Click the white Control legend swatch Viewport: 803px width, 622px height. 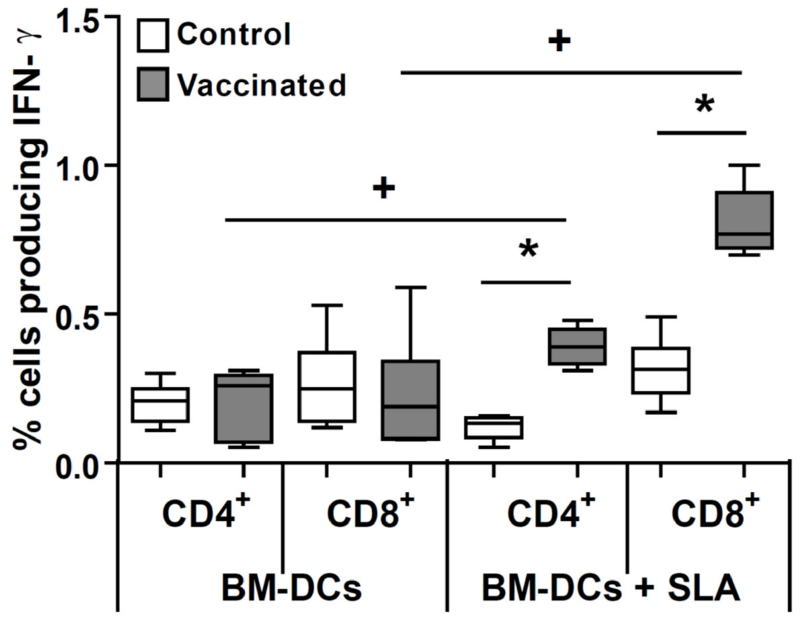point(153,35)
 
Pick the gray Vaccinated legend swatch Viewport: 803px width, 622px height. point(153,84)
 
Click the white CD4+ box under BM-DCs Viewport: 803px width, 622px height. point(161,405)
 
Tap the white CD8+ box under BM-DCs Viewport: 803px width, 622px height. point(327,387)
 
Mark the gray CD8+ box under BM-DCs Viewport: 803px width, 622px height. point(410,400)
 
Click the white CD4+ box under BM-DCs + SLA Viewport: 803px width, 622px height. point(494,427)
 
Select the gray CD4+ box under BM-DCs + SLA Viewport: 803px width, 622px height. point(578,346)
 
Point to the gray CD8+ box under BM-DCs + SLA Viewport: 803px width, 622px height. point(744,220)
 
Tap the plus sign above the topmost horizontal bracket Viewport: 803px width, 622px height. point(560,41)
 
